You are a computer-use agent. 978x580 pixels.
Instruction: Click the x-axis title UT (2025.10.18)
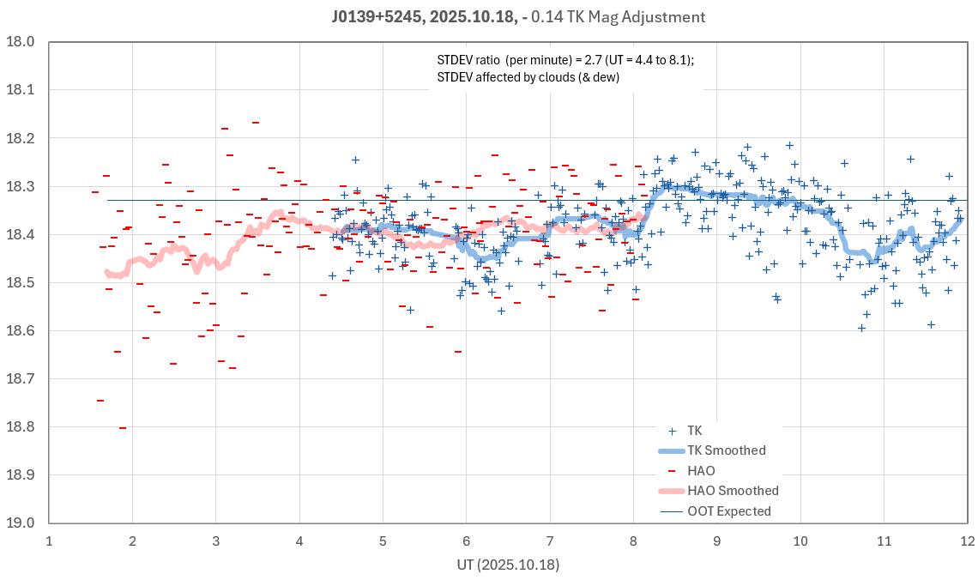(508, 565)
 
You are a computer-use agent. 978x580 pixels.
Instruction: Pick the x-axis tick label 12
(967, 541)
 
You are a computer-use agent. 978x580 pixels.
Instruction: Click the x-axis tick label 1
(49, 541)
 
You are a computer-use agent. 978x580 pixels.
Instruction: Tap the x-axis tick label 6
(466, 541)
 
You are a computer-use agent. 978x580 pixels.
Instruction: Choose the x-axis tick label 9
(716, 541)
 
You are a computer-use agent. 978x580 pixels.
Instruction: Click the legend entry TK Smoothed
(726, 450)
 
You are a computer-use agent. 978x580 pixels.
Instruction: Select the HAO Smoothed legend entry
(733, 491)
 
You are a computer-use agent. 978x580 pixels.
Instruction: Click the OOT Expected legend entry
(729, 511)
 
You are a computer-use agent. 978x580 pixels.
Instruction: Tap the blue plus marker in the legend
(672, 431)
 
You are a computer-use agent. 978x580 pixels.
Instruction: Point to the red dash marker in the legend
(672, 471)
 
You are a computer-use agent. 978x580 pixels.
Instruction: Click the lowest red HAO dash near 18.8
(123, 427)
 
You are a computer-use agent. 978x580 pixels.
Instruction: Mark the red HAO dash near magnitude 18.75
(100, 401)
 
